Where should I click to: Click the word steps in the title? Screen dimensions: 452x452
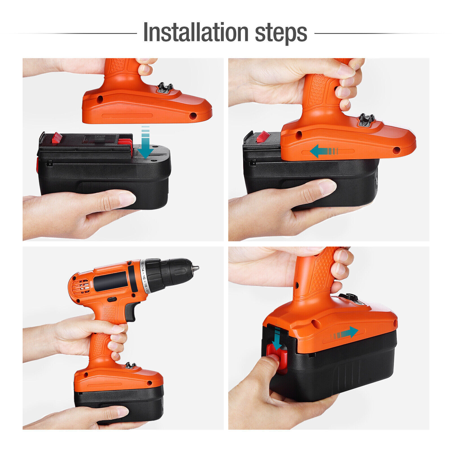click(x=281, y=34)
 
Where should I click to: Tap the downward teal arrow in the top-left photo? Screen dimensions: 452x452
click(x=145, y=142)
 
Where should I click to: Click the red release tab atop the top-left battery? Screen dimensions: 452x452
click(x=57, y=138)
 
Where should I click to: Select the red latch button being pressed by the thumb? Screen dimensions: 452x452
click(x=277, y=357)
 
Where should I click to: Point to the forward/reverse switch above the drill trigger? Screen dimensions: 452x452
click(x=112, y=299)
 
